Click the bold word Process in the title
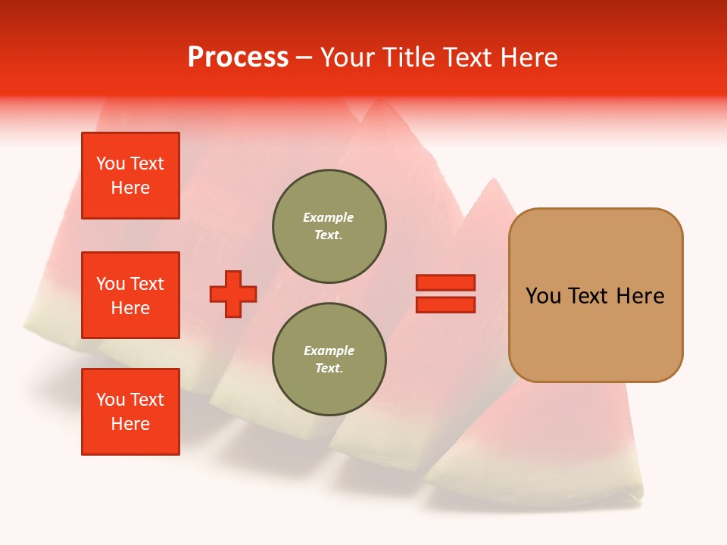pos(238,58)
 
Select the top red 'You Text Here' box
pos(130,176)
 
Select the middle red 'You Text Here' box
pos(130,295)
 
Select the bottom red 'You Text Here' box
pos(130,412)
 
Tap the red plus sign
pos(233,294)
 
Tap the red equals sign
pos(445,294)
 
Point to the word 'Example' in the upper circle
pos(329,217)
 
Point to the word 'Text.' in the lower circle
pos(329,369)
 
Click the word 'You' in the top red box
pos(111,163)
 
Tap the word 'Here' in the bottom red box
pos(130,424)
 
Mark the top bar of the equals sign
pos(445,282)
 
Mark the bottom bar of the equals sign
pos(445,304)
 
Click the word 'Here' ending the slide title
pos(530,58)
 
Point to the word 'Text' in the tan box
pos(589,296)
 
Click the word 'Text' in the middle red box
pos(148,284)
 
